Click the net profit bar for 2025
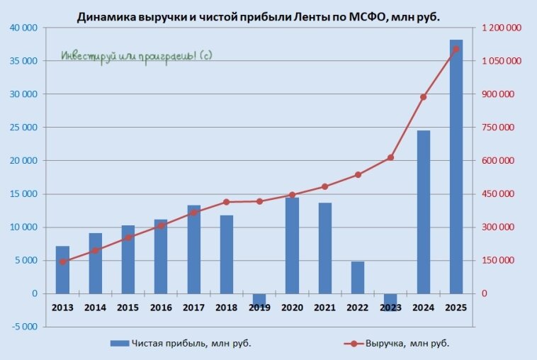tap(456, 167)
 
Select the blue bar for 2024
tap(424, 212)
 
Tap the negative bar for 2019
tap(259, 299)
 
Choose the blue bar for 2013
tap(62, 270)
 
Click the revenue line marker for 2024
tap(424, 97)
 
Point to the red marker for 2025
tap(456, 49)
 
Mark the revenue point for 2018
tap(227, 202)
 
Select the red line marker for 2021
tap(325, 186)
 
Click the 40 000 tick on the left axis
tap(24, 28)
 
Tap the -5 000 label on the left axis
tap(24, 327)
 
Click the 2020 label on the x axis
tap(292, 308)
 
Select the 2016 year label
tap(161, 308)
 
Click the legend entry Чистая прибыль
tap(181, 344)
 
